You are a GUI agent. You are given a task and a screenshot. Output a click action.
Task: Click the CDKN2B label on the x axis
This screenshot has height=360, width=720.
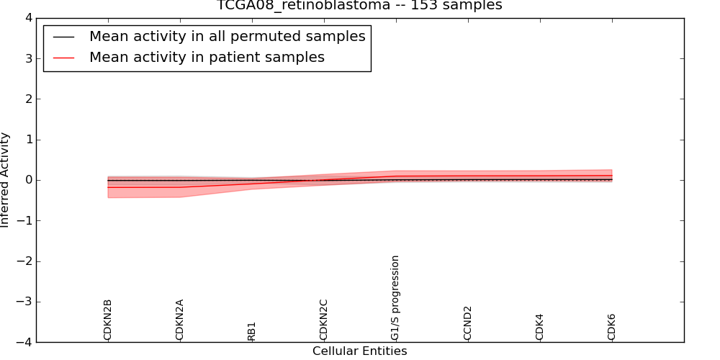(108, 320)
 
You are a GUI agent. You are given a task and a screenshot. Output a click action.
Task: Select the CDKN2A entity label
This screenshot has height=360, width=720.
(180, 320)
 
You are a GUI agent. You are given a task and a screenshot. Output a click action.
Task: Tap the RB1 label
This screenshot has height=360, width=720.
(252, 331)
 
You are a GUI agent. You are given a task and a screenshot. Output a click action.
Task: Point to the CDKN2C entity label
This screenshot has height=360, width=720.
(324, 320)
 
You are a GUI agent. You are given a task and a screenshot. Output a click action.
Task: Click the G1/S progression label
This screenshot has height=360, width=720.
(395, 297)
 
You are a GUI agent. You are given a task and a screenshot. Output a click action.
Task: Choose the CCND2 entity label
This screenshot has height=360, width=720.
(468, 323)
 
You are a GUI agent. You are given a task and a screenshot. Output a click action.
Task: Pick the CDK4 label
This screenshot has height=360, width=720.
(540, 327)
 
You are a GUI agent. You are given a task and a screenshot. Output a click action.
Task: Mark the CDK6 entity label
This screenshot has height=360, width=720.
(612, 327)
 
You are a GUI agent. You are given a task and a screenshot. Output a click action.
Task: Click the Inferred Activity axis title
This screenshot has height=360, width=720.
(6, 180)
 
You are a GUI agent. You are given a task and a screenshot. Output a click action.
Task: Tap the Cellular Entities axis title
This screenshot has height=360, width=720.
(359, 351)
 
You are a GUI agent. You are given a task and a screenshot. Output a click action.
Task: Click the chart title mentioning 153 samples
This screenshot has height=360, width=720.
(359, 6)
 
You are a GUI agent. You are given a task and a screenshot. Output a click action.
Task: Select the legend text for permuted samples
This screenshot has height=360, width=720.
(227, 37)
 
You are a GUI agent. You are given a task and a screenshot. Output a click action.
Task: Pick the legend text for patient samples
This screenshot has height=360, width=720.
(207, 58)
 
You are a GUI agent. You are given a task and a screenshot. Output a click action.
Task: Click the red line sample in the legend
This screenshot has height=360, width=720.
(64, 58)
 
